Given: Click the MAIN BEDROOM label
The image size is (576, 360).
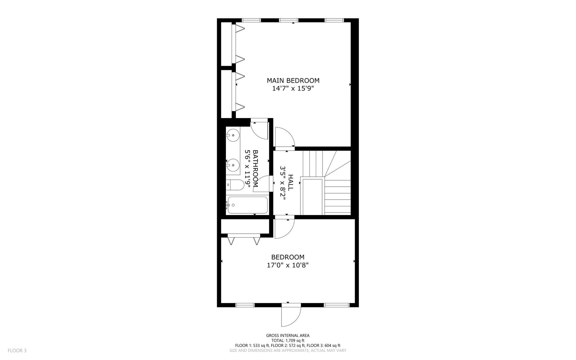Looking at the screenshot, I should [293, 80].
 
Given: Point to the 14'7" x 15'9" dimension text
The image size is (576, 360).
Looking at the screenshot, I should [293, 89].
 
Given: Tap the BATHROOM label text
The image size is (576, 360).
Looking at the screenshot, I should [256, 168].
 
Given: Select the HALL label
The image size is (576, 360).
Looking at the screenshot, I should [290, 183].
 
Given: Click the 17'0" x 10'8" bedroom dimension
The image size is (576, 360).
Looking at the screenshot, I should [288, 265].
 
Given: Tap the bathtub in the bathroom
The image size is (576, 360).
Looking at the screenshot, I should [247, 205].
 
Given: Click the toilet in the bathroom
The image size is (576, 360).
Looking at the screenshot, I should [233, 185].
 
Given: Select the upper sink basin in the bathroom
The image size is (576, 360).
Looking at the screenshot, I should [234, 135].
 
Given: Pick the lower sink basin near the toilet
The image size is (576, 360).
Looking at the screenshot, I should [234, 164].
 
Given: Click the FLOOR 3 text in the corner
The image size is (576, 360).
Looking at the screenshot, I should [17, 350].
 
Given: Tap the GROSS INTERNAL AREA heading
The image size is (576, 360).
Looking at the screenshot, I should [288, 335].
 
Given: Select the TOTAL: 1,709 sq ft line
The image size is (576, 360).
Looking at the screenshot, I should [288, 340].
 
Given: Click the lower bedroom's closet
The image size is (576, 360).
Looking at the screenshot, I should [245, 226].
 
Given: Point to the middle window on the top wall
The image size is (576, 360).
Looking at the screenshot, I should [288, 20].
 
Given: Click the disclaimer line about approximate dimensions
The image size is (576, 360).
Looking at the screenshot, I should [288, 350].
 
